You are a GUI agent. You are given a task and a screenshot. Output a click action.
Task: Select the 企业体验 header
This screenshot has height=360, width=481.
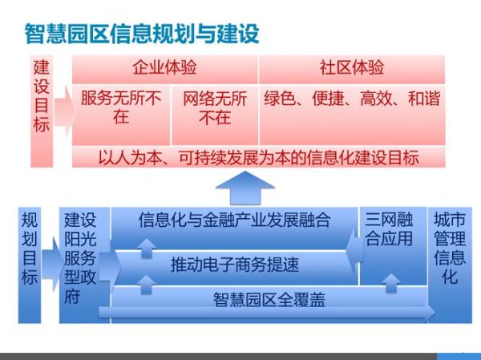(x=164, y=67)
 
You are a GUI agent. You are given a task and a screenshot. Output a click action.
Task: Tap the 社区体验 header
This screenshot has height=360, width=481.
(x=352, y=67)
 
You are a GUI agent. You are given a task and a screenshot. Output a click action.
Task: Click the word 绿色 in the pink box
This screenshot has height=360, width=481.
(x=281, y=100)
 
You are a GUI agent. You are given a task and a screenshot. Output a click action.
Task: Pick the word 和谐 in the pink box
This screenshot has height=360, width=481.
(x=423, y=100)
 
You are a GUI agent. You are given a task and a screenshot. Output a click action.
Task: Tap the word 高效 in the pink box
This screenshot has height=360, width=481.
(x=376, y=100)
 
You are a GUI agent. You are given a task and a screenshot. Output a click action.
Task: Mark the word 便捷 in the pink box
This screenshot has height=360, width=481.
(x=329, y=100)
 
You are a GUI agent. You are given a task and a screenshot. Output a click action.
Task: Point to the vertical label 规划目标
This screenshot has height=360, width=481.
(x=30, y=248)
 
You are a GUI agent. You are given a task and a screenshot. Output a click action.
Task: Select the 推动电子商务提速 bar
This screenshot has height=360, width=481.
(x=234, y=262)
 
